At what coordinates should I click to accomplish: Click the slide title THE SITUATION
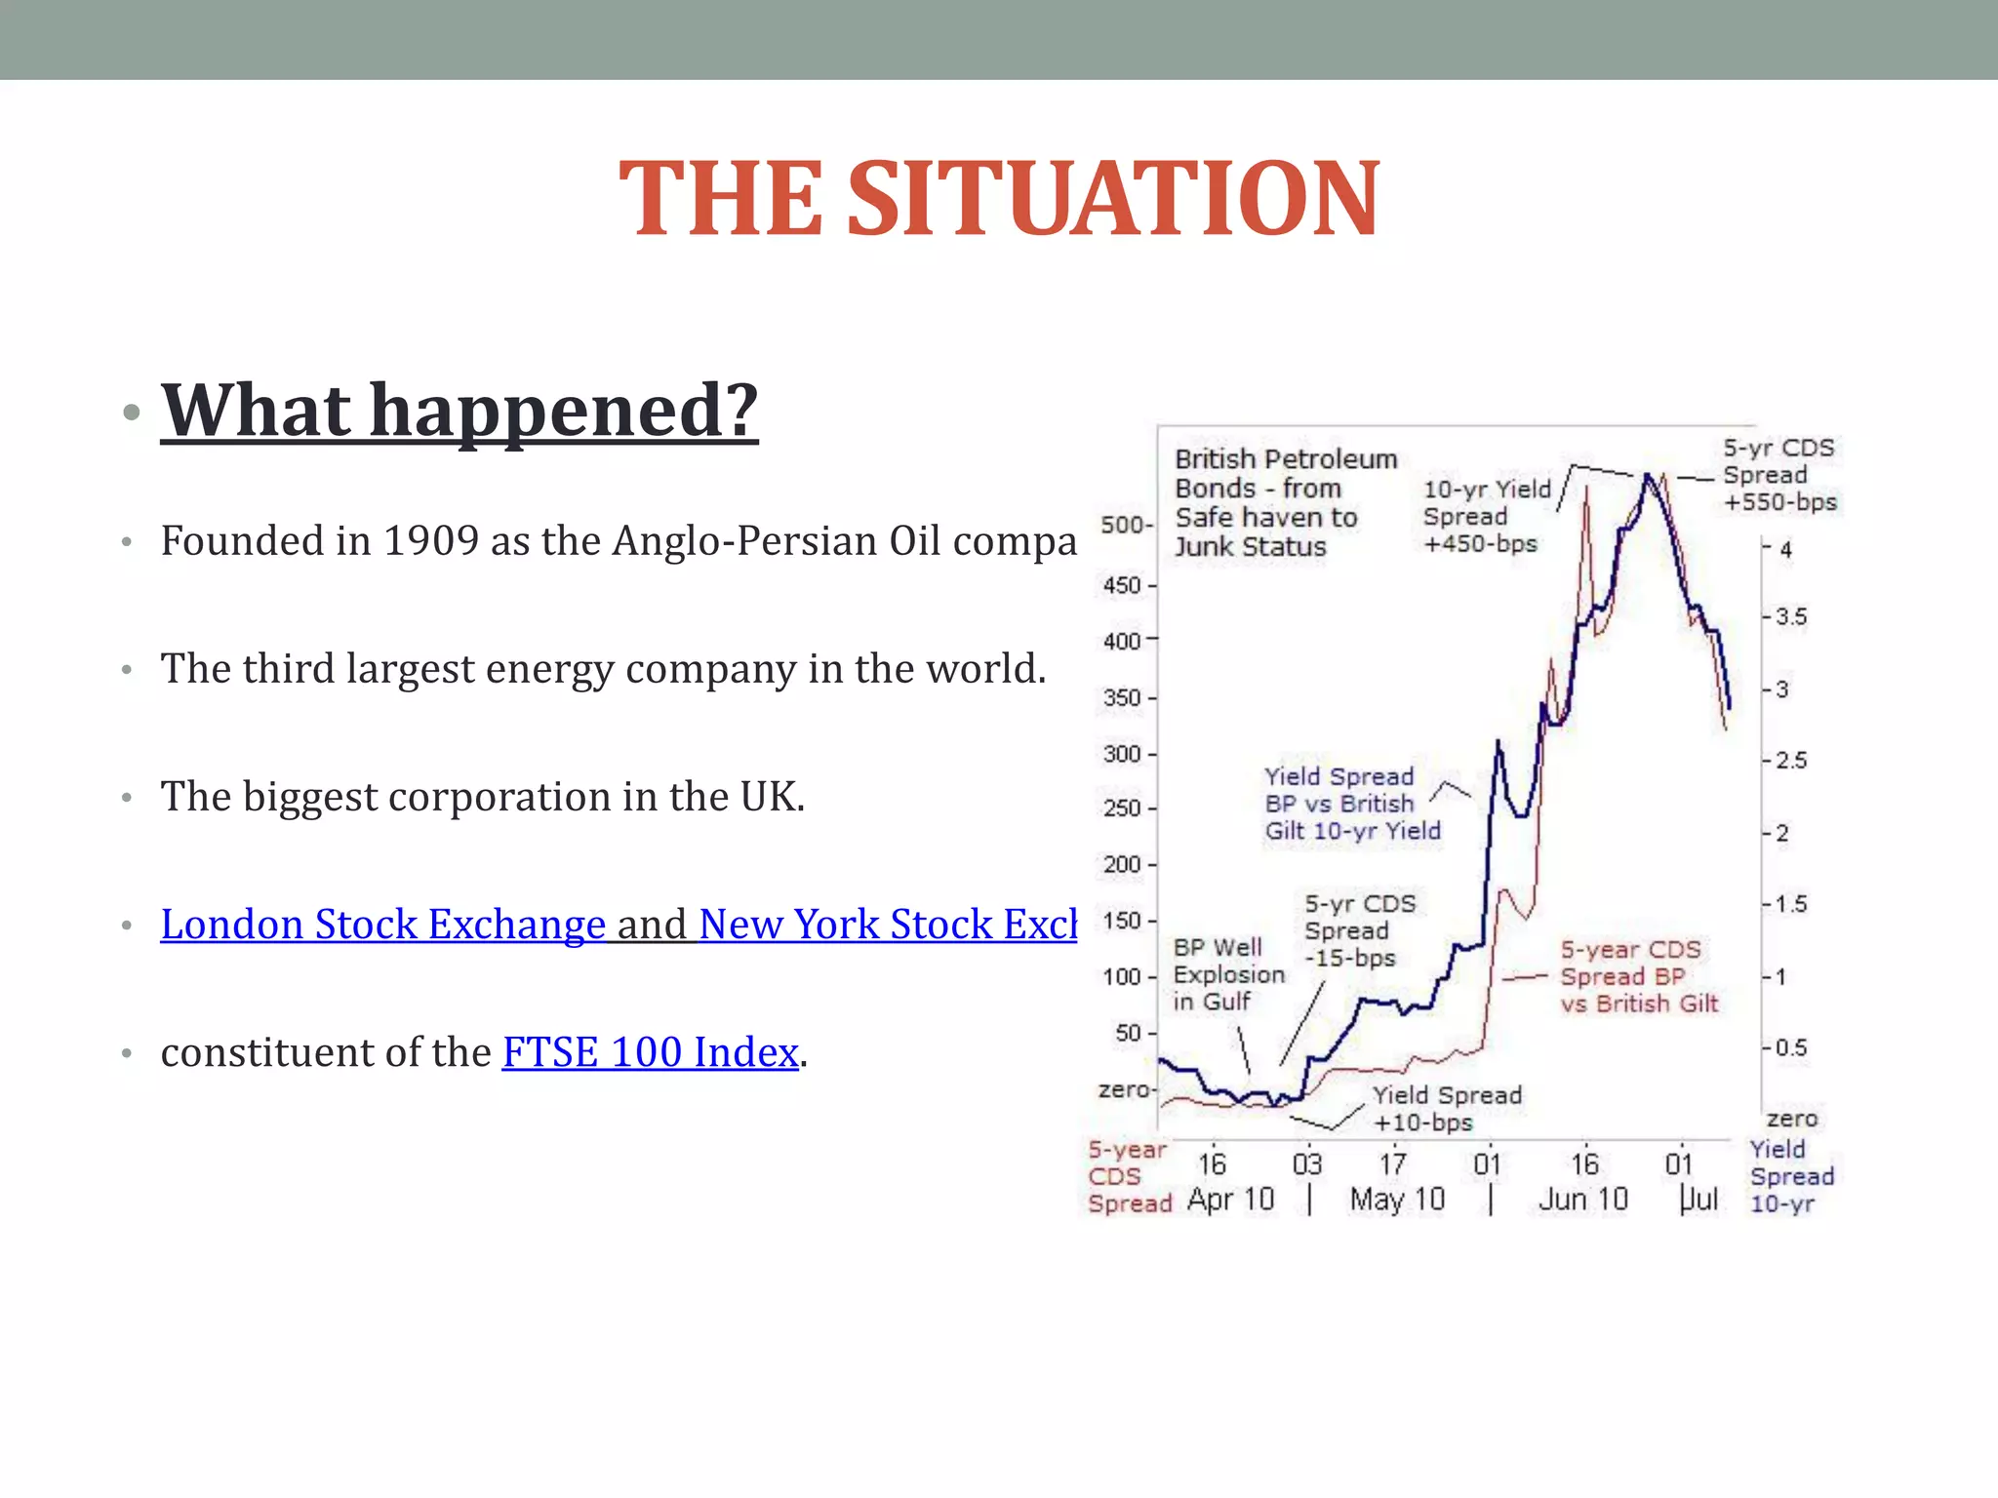pyautogui.click(x=999, y=199)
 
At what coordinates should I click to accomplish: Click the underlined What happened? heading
pyautogui.click(x=459, y=410)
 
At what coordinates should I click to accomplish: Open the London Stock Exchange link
pyautogui.click(x=382, y=925)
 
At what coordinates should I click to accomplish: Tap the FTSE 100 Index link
pyautogui.click(x=650, y=1052)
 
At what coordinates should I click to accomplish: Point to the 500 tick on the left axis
pyautogui.click(x=1123, y=525)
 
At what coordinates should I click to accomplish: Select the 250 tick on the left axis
pyautogui.click(x=1123, y=808)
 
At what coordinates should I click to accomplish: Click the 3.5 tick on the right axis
pyautogui.click(x=1790, y=617)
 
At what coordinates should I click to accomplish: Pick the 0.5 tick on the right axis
pyautogui.click(x=1790, y=1048)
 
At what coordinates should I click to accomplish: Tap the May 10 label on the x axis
pyautogui.click(x=1397, y=1200)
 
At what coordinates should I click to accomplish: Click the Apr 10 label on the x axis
pyautogui.click(x=1230, y=1200)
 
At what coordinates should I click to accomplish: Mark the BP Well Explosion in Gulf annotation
pyautogui.click(x=1227, y=974)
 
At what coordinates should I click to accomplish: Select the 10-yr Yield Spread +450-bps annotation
pyautogui.click(x=1485, y=517)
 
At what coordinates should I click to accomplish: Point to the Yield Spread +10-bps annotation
pyautogui.click(x=1446, y=1109)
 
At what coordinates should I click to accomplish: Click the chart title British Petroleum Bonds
pyautogui.click(x=1284, y=502)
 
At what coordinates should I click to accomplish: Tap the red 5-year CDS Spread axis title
pyautogui.click(x=1129, y=1177)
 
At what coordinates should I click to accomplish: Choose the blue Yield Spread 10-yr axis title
pyautogui.click(x=1790, y=1177)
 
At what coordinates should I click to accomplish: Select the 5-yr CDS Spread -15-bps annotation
pyautogui.click(x=1358, y=931)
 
